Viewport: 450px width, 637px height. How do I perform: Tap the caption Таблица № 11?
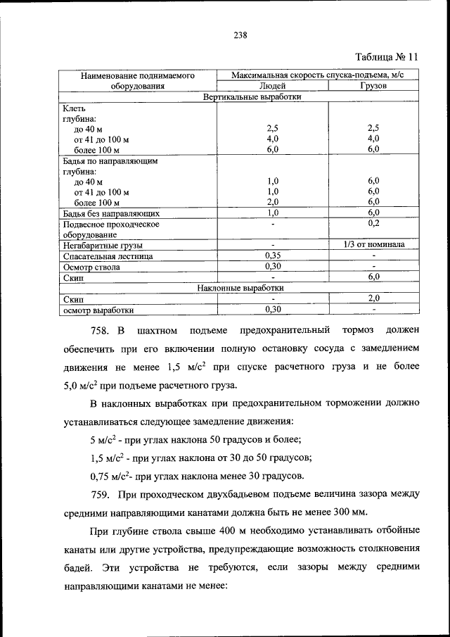point(386,56)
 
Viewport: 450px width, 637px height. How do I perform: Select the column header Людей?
point(272,86)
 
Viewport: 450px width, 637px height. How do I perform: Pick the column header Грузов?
point(373,86)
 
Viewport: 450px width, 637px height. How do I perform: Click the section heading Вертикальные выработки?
point(252,97)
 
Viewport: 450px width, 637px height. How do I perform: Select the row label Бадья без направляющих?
point(111,213)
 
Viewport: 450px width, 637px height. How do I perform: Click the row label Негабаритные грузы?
point(103,246)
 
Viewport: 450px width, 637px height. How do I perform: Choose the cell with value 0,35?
point(272,256)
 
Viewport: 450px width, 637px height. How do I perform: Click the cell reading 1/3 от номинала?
point(373,245)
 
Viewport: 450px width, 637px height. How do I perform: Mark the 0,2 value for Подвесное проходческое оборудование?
point(373,223)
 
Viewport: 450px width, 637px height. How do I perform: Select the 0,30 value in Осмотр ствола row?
point(272,267)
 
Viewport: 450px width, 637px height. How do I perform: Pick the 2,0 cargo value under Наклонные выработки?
point(373,298)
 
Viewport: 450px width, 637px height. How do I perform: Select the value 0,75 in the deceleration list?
point(102,476)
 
